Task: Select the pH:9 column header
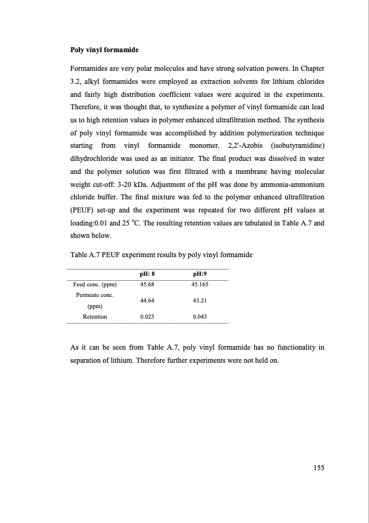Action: (x=199, y=273)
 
